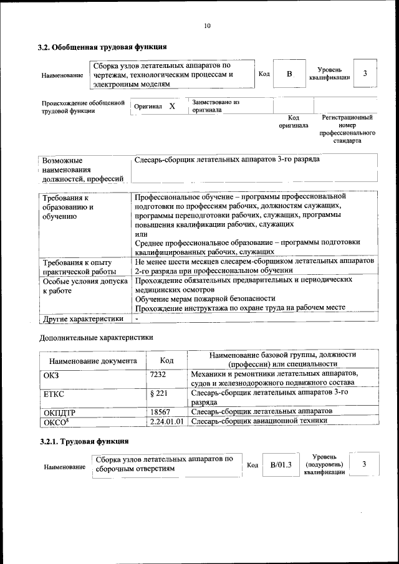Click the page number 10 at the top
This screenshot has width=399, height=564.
pyautogui.click(x=207, y=26)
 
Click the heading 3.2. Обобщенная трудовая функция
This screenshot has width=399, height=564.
pyautogui.click(x=102, y=47)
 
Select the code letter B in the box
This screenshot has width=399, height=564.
pyautogui.click(x=289, y=74)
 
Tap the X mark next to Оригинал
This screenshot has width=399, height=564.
pyautogui.click(x=172, y=107)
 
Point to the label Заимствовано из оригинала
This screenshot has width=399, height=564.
pyautogui.click(x=215, y=106)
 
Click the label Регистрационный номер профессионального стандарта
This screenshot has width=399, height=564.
pyautogui.click(x=347, y=129)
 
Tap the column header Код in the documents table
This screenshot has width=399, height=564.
pyautogui.click(x=166, y=360)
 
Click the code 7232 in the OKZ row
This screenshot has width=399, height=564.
pyautogui.click(x=158, y=374)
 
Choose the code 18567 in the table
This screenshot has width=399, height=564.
pyautogui.click(x=161, y=411)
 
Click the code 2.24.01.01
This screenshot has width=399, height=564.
pyautogui.click(x=167, y=421)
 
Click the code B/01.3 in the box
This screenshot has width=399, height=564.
pyautogui.click(x=281, y=464)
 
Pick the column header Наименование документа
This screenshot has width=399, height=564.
pyautogui.click(x=93, y=360)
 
